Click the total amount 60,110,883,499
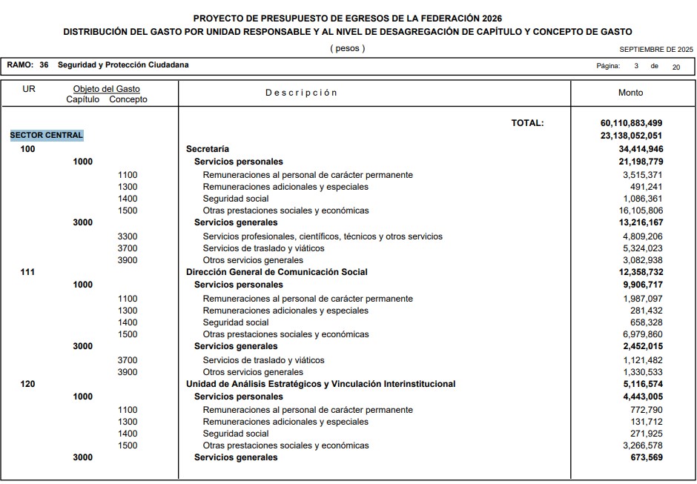[631, 123]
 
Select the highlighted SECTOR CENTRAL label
[47, 136]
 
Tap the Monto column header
[631, 93]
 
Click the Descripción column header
[301, 93]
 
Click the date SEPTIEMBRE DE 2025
[655, 50]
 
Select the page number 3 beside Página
[636, 66]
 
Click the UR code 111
[27, 272]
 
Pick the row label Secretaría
[207, 149]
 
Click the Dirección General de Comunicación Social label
[277, 272]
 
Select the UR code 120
[27, 384]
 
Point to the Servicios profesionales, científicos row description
[323, 236]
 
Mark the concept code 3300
[128, 236]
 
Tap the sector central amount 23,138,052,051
[631, 136]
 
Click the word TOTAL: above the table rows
[527, 123]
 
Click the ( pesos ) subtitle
[347, 49]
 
